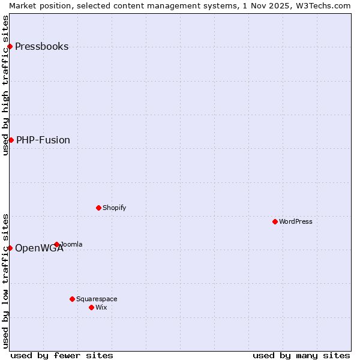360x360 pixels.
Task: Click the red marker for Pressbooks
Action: (10, 46)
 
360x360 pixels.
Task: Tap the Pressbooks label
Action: (41, 47)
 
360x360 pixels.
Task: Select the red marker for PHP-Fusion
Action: (11, 140)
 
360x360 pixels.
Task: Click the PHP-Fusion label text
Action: (43, 140)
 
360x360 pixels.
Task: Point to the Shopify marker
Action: (98, 208)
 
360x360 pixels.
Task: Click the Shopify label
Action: (114, 208)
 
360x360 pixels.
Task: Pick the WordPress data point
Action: (275, 221)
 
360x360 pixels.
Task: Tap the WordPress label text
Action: (296, 221)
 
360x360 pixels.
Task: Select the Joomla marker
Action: (56, 244)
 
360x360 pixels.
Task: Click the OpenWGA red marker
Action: (10, 248)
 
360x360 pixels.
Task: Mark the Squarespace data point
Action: (72, 299)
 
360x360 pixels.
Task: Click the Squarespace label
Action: (97, 299)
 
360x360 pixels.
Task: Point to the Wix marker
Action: (91, 307)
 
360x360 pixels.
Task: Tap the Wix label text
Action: (101, 307)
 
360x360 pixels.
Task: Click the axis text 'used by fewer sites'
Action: (62, 355)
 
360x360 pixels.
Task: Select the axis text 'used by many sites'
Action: (301, 355)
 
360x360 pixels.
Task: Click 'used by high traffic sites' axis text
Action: (5, 85)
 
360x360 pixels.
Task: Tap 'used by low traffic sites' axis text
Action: (5, 280)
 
